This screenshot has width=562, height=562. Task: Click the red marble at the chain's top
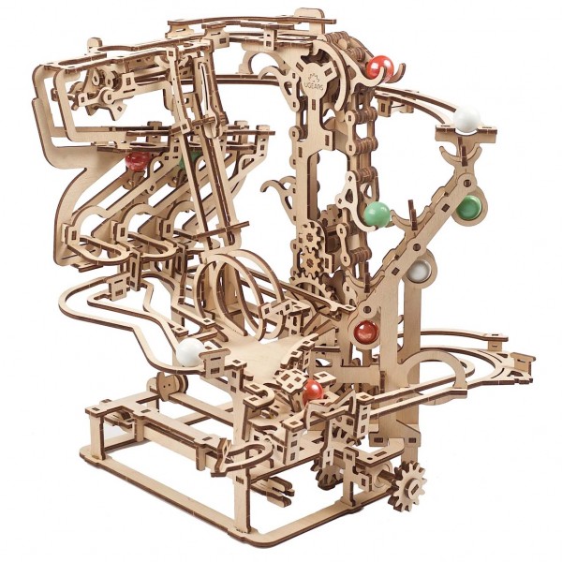pyautogui.click(x=379, y=67)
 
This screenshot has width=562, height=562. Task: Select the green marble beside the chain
pyautogui.click(x=377, y=214)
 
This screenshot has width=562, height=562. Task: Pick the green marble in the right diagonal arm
pyautogui.click(x=467, y=207)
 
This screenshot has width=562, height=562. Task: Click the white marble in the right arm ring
pyautogui.click(x=420, y=272)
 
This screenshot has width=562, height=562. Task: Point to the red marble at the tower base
pyautogui.click(x=365, y=331)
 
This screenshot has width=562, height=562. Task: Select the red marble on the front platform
pyautogui.click(x=313, y=389)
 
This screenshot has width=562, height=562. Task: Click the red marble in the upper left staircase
pyautogui.click(x=138, y=160)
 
